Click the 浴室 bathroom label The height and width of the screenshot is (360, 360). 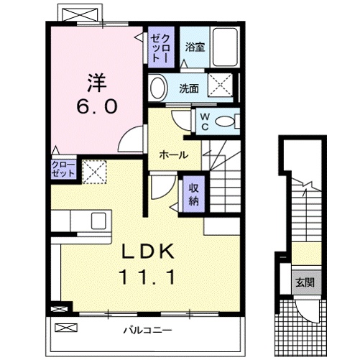point(195,47)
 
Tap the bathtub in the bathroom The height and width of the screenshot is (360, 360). point(226,47)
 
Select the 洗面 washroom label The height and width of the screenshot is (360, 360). point(189,88)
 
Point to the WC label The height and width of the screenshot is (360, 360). point(205,121)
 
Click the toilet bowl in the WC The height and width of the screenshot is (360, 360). point(226,121)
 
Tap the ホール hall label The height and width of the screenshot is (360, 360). point(174,155)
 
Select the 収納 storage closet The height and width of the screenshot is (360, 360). point(194,194)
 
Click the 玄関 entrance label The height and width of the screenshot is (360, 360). point(305,283)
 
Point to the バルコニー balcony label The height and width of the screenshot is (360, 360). point(147,331)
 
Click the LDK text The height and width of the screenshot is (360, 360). point(148,251)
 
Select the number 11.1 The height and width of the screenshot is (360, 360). point(147,277)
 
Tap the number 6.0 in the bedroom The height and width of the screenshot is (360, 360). point(97,106)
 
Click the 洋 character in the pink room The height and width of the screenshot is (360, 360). point(97,82)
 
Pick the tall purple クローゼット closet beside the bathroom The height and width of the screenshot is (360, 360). point(161,47)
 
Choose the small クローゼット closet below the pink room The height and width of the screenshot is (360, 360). point(63,169)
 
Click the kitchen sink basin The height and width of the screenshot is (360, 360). point(98,221)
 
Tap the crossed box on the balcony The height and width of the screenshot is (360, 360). point(66,328)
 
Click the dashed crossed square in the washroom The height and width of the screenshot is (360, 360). point(220,85)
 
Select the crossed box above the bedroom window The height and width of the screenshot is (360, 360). point(80,14)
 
